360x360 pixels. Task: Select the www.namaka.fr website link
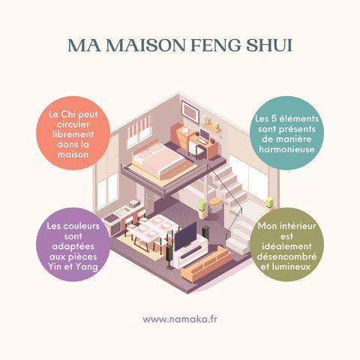(x=180, y=319)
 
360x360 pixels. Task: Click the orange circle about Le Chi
(x=73, y=133)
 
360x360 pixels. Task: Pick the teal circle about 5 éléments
(x=286, y=133)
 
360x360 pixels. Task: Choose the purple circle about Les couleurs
(x=73, y=244)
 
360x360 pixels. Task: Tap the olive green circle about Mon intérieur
(x=286, y=244)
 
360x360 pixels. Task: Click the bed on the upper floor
(x=159, y=159)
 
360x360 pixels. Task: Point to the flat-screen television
(x=185, y=236)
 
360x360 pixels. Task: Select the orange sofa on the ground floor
(x=206, y=265)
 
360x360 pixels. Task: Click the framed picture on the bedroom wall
(x=190, y=112)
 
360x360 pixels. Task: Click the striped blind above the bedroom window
(x=139, y=127)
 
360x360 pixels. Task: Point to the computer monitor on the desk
(x=205, y=135)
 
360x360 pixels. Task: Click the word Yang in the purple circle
(x=87, y=267)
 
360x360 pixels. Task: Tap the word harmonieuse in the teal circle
(x=286, y=149)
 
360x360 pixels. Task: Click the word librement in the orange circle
(x=73, y=134)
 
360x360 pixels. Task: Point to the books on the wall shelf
(x=206, y=119)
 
